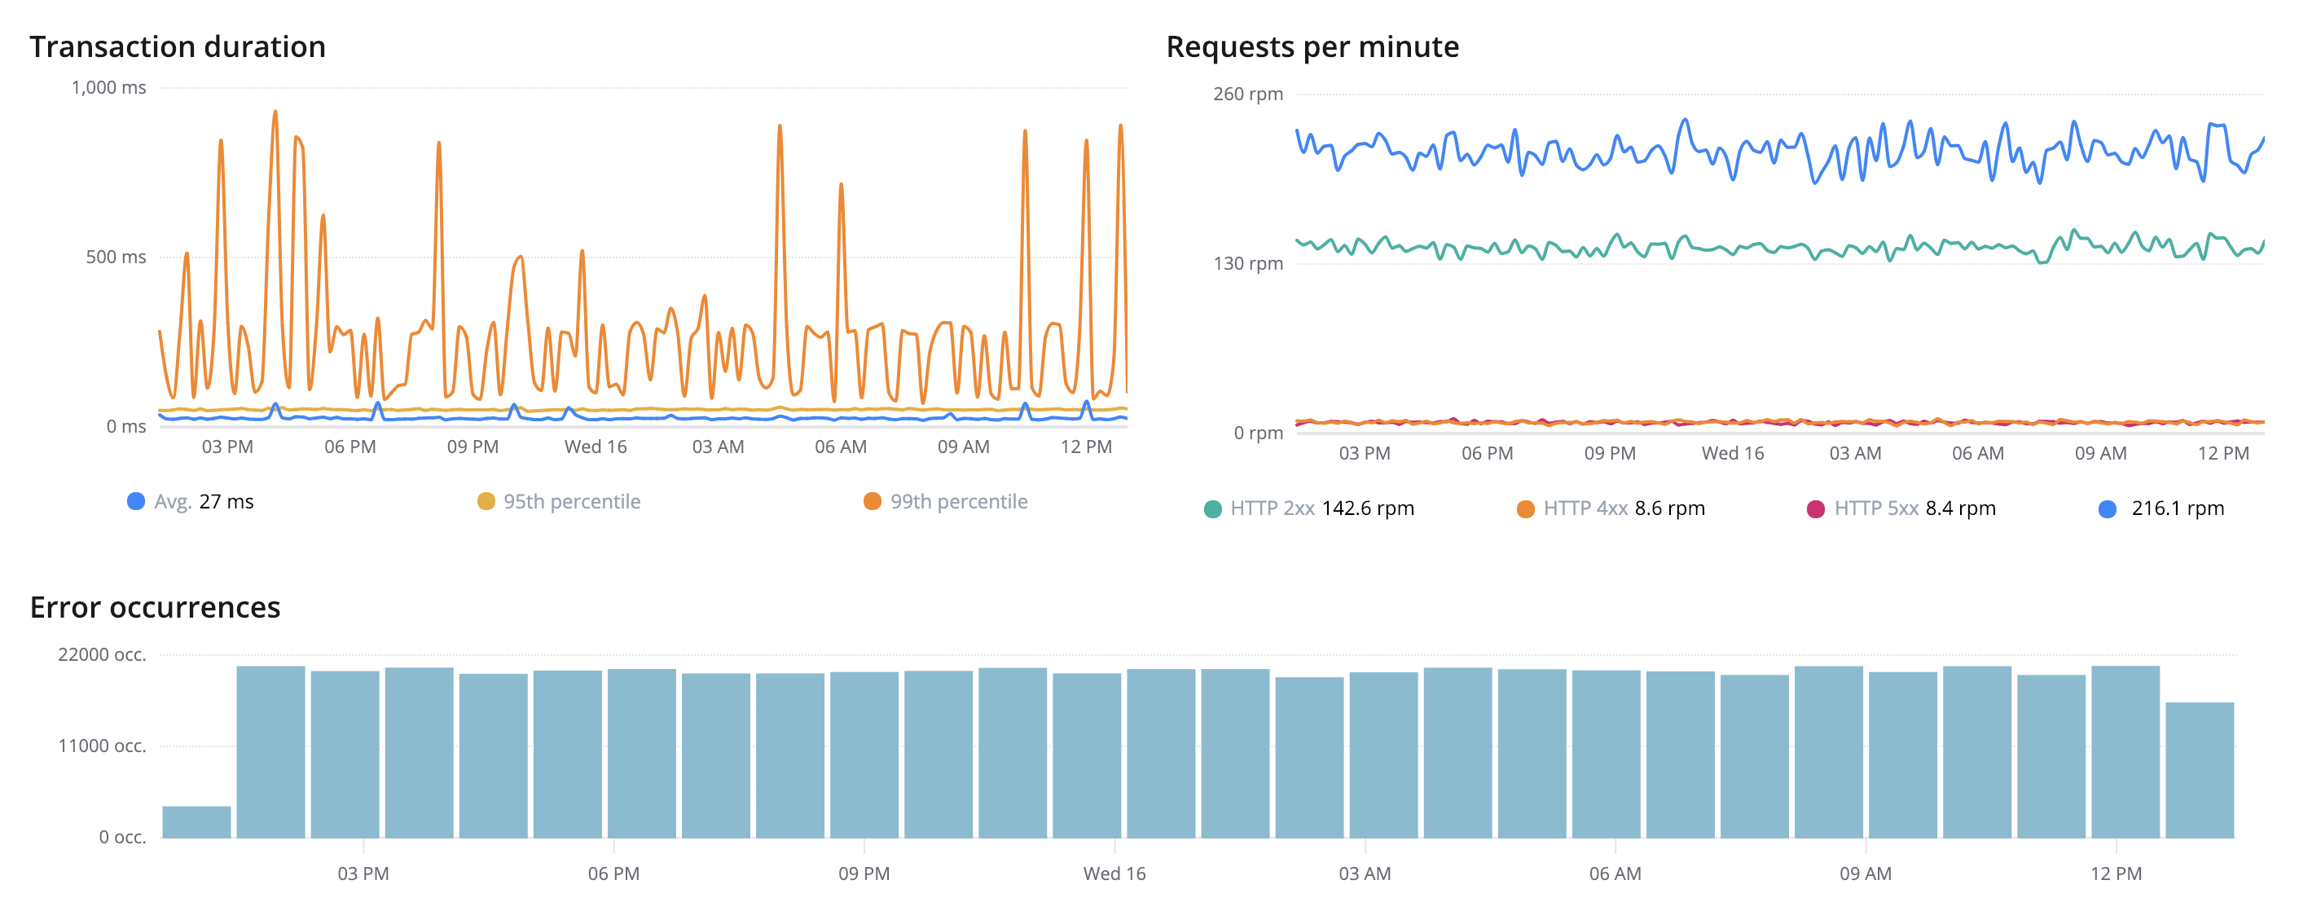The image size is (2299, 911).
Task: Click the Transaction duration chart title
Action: (178, 46)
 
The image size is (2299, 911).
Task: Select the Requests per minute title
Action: (1312, 46)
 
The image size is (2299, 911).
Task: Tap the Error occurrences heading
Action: (156, 607)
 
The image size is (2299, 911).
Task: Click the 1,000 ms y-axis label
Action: (109, 87)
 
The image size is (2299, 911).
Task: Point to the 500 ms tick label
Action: (116, 257)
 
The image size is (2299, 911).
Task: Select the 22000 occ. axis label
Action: (102, 654)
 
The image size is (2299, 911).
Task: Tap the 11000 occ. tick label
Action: (102, 746)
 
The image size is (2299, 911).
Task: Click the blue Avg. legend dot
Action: (136, 501)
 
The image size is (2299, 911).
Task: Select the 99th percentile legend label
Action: (959, 501)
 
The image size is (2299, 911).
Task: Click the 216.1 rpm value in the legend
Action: (2177, 508)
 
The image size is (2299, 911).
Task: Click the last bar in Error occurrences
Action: (2199, 770)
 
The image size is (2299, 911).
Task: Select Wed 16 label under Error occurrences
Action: (1114, 874)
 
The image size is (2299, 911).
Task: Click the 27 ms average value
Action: (226, 501)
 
